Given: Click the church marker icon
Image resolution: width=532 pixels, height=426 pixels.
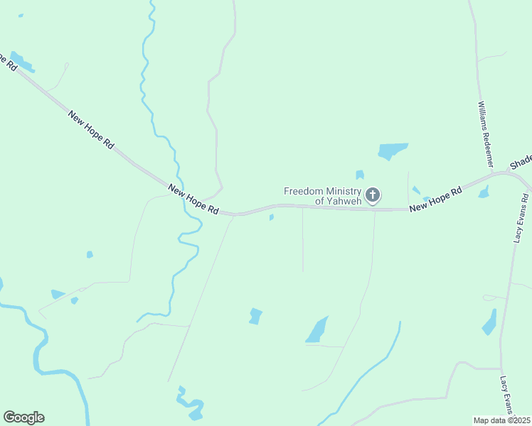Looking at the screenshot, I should point(372,195).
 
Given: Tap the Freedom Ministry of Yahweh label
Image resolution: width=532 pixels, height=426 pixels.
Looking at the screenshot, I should point(323,195).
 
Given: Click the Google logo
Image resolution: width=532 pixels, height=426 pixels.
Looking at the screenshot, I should point(23,417).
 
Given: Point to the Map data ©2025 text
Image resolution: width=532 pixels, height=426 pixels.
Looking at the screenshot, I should point(501,420).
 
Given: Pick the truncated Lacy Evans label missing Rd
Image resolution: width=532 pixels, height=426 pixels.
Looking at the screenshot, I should point(506,395).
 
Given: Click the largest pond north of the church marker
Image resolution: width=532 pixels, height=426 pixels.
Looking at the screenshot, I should point(393,151).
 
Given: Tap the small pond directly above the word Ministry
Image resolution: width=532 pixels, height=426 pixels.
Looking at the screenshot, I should point(359,175).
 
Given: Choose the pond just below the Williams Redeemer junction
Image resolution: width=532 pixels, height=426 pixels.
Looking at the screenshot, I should point(484,192).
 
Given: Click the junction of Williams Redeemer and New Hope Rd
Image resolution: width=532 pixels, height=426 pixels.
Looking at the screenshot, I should point(492,173).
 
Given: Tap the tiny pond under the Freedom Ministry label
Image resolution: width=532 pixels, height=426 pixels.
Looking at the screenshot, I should point(272,217).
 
